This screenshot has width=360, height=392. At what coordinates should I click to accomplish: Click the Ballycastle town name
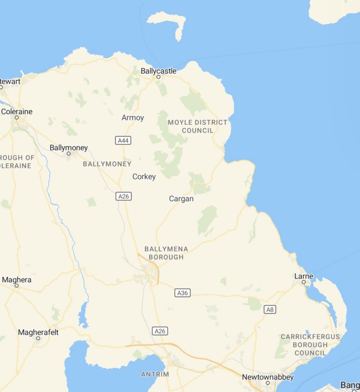[x=158, y=71]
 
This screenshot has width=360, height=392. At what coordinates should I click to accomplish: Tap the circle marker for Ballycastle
[x=158, y=76]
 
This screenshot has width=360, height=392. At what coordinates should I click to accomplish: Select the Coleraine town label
[x=17, y=112]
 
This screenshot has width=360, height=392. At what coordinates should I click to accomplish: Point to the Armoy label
[x=133, y=118]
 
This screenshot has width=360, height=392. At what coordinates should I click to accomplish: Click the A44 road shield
[x=123, y=140]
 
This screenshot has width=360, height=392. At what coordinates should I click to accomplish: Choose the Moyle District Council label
[x=197, y=126]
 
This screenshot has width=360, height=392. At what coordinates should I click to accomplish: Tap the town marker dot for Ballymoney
[x=68, y=153]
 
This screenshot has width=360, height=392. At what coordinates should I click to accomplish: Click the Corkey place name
[x=144, y=177]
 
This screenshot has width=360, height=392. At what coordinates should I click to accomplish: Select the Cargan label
[x=181, y=199]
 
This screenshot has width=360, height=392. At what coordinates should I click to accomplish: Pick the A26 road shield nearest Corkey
[x=123, y=196]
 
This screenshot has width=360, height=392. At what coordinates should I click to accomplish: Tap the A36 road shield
[x=182, y=293]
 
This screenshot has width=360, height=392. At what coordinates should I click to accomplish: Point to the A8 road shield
[x=270, y=309]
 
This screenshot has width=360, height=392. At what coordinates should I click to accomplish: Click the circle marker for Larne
[x=304, y=282]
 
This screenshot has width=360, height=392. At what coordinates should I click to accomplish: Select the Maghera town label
[x=17, y=280]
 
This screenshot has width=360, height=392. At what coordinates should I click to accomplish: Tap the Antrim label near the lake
[x=155, y=374]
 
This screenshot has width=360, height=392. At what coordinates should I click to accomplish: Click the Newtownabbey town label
[x=268, y=377]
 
